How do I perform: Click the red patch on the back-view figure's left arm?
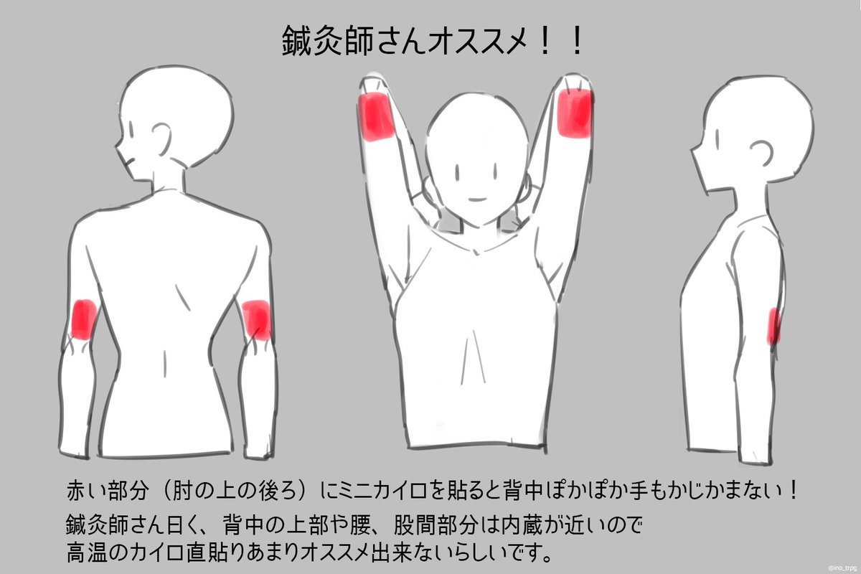[x=84, y=319]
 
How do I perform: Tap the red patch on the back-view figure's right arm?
[x=256, y=320]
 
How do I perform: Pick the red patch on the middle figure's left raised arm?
[x=376, y=116]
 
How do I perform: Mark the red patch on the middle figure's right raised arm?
[x=574, y=113]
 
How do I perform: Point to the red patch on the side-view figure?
[x=773, y=326]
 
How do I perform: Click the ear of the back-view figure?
[x=162, y=138]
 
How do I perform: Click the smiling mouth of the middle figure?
[x=477, y=199]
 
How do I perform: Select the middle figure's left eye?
[x=457, y=172]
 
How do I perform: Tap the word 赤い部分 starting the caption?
[x=108, y=491]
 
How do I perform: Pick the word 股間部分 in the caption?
[x=435, y=524]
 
